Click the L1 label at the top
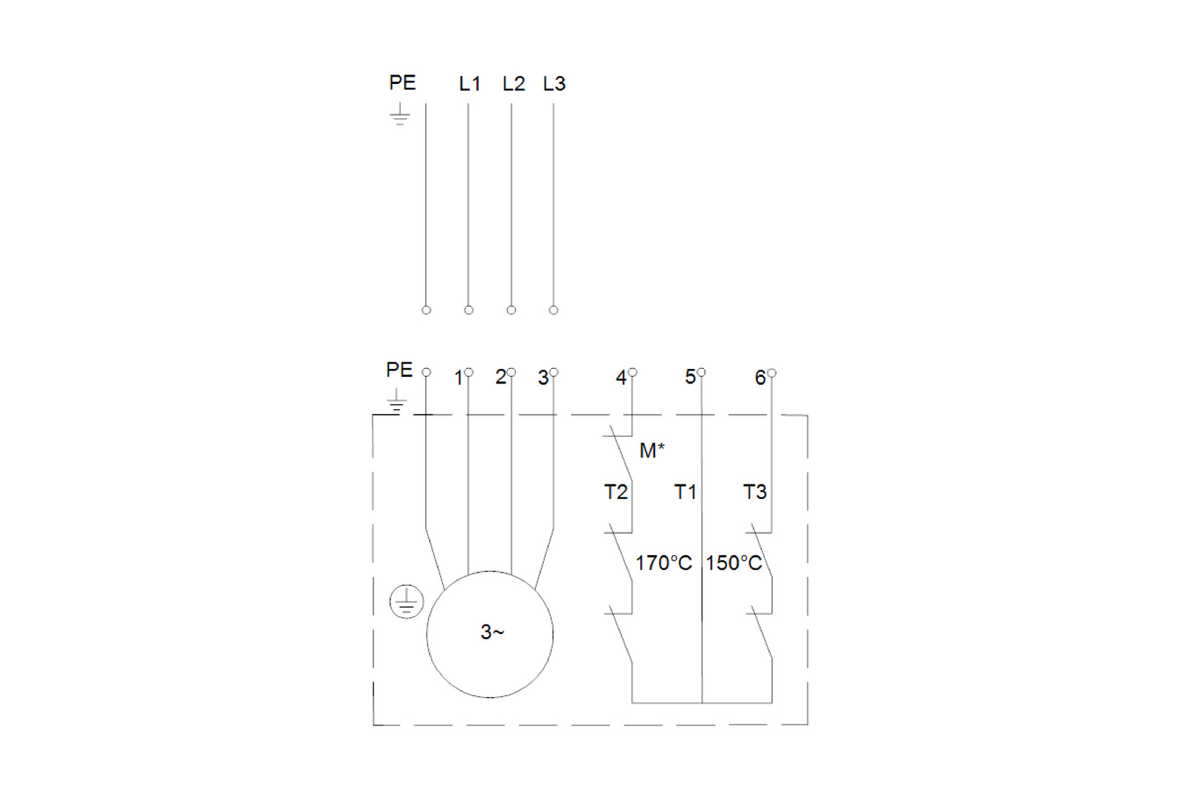pyautogui.click(x=469, y=83)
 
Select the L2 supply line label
pyautogui.click(x=513, y=83)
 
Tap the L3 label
pyautogui.click(x=554, y=83)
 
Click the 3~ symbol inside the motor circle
pyautogui.click(x=492, y=632)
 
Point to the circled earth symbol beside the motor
pyautogui.click(x=406, y=601)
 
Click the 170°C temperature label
pyautogui.click(x=664, y=563)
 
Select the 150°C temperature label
pyautogui.click(x=734, y=563)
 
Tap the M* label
pyautogui.click(x=652, y=450)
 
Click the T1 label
pyautogui.click(x=685, y=492)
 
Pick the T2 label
pyautogui.click(x=616, y=492)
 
